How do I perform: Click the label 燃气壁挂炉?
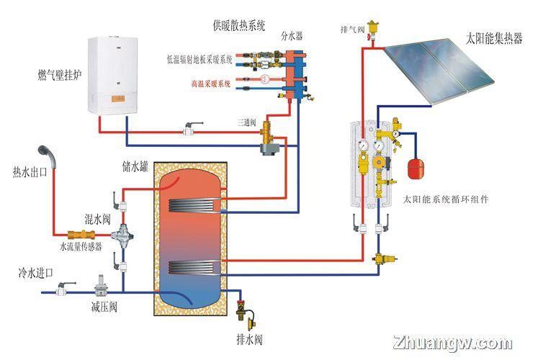pyautogui.click(x=60, y=75)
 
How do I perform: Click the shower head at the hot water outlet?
pyautogui.click(x=47, y=155)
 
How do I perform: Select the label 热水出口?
pyautogui.click(x=30, y=172)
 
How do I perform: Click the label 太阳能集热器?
pyautogui.click(x=494, y=39)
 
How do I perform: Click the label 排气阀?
pyautogui.click(x=352, y=30)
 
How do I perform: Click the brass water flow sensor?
pyautogui.click(x=81, y=234)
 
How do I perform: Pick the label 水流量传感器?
pyautogui.click(x=81, y=247)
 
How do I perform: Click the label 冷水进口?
pyautogui.click(x=36, y=273)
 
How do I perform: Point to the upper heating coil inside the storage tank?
pyautogui.click(x=194, y=206)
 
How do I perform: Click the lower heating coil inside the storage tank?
pyautogui.click(x=194, y=268)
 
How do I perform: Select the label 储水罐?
pyautogui.click(x=135, y=166)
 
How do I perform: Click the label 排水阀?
pyautogui.click(x=249, y=339)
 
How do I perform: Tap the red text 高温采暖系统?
pyautogui.click(x=211, y=84)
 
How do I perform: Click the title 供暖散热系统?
pyautogui.click(x=239, y=25)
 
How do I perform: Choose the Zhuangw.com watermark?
pyautogui.click(x=452, y=343)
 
